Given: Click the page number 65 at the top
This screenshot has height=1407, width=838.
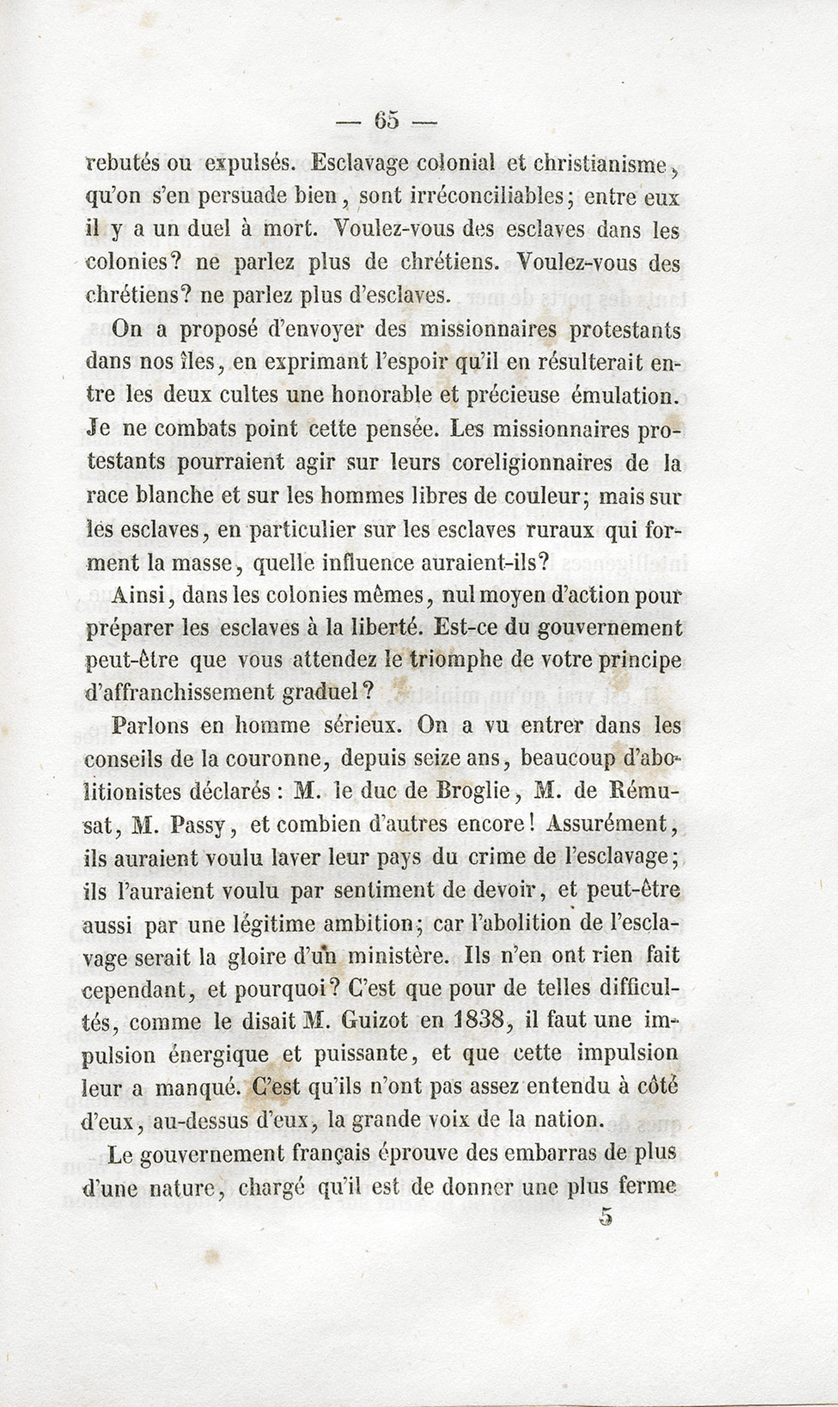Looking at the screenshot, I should coord(386,120).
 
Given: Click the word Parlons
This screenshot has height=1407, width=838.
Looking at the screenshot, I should coord(149,726).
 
